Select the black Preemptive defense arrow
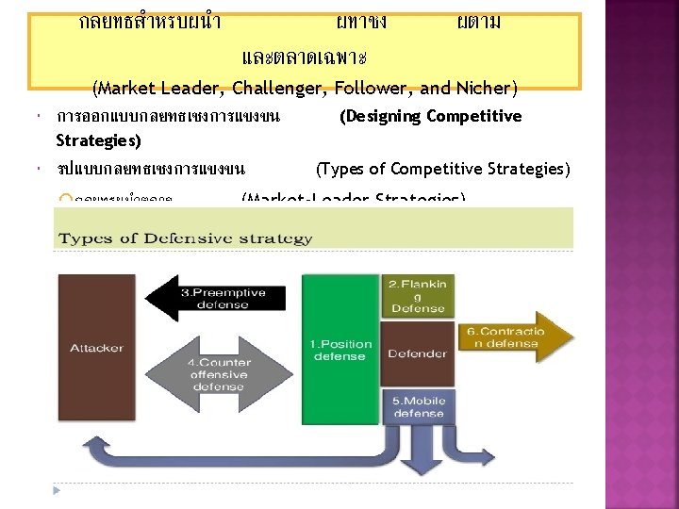click(x=217, y=299)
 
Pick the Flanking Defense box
click(x=418, y=296)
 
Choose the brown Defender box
click(x=418, y=353)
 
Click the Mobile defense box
click(x=419, y=407)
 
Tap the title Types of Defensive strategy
click(x=186, y=238)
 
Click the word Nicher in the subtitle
click(x=485, y=90)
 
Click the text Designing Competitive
click(x=430, y=116)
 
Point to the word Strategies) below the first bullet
click(x=98, y=140)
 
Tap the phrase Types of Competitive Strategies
click(x=442, y=169)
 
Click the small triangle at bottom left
click(x=58, y=490)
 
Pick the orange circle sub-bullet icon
click(x=63, y=199)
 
